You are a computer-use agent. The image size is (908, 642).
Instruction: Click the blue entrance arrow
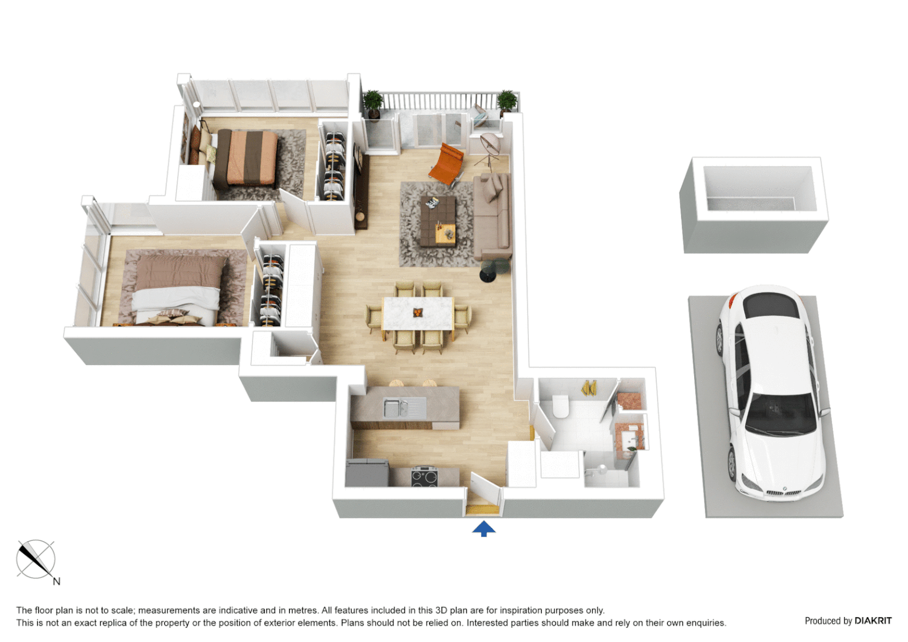484,528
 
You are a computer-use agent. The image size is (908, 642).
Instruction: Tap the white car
771,392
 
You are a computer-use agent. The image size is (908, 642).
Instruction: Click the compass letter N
56,581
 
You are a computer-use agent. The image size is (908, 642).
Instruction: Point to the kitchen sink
396,408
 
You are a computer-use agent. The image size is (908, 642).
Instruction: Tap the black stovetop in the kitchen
424,477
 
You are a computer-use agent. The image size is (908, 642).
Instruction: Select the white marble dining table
418,314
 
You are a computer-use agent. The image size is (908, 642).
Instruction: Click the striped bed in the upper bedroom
247,158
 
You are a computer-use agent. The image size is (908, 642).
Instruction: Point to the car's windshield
780,414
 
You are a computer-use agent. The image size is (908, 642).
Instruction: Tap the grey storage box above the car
754,205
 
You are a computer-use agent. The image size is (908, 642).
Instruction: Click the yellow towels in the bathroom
589,388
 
